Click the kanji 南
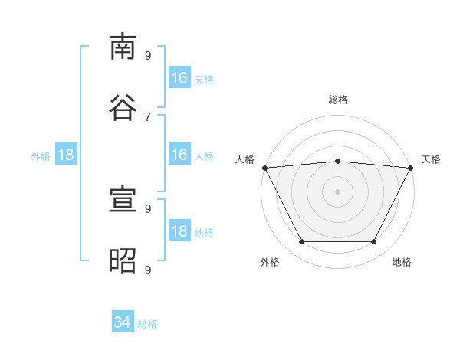(123, 47)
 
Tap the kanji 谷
(123, 107)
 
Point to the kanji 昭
(123, 260)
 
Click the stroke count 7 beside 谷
(148, 117)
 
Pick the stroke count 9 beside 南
(148, 55)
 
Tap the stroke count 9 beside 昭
(148, 270)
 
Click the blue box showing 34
(123, 321)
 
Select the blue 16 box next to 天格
(179, 77)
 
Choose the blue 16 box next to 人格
(179, 154)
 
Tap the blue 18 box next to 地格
(179, 230)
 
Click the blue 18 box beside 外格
(66, 154)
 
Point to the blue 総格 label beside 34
(147, 324)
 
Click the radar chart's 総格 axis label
(338, 100)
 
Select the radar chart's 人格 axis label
(245, 159)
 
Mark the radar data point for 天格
(411, 168)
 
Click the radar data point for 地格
(374, 241)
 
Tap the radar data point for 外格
(302, 241)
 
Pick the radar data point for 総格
(338, 161)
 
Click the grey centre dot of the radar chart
(337, 191)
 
